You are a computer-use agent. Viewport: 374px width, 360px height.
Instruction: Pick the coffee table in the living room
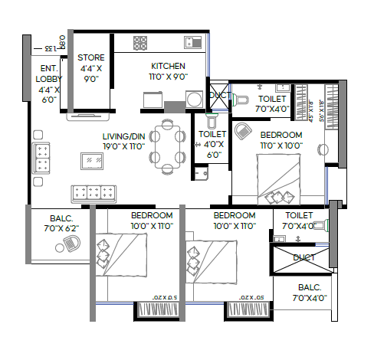coord(93,160)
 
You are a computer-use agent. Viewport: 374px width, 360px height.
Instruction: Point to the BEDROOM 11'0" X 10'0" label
coord(281,139)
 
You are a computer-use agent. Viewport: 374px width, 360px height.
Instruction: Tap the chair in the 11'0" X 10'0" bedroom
coord(244,132)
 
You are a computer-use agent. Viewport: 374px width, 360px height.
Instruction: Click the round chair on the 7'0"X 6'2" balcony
coord(68,244)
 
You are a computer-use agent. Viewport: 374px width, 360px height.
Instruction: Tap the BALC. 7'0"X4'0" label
coord(309,293)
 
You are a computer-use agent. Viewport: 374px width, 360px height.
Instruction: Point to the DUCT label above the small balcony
coord(303,257)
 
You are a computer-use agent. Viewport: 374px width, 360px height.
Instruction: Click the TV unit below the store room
coord(89,117)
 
